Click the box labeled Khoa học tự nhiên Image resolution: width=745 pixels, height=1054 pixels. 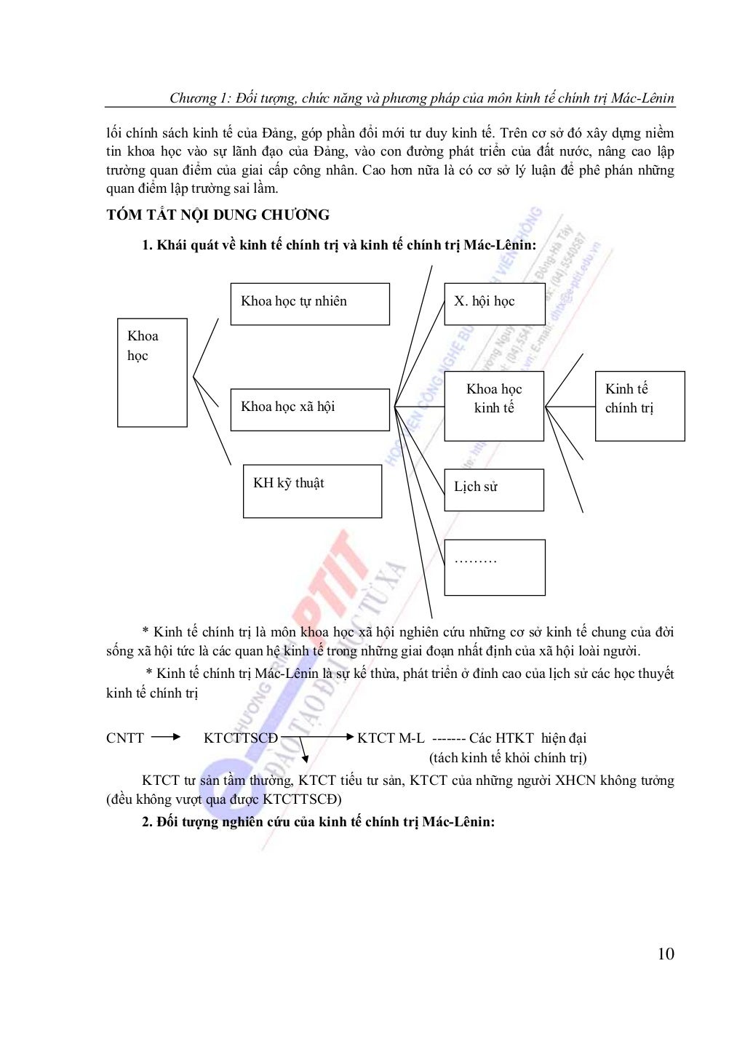point(310,304)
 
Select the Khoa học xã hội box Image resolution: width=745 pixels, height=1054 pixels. point(310,410)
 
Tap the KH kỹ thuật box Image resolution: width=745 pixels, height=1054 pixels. point(312,491)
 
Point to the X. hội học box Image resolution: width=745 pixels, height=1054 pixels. point(495,304)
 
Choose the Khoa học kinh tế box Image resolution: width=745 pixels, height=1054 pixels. point(494,406)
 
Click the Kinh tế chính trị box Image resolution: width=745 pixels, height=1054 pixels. point(640,406)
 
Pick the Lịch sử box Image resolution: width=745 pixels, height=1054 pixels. point(494,490)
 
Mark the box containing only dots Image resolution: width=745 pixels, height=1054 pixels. point(495,567)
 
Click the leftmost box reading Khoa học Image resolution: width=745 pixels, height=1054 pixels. point(152,372)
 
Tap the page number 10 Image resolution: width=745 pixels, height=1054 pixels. point(665,954)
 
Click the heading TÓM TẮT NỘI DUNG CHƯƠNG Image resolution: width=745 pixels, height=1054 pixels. point(218,215)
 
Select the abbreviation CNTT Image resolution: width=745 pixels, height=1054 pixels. point(125,738)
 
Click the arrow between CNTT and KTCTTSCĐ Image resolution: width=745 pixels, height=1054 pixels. point(166,737)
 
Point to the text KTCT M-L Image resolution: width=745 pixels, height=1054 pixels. point(391,738)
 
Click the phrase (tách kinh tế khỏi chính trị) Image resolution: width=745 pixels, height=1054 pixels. point(508,758)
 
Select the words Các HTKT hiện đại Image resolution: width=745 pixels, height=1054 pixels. point(527,738)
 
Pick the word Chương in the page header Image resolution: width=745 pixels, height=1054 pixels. point(193,98)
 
